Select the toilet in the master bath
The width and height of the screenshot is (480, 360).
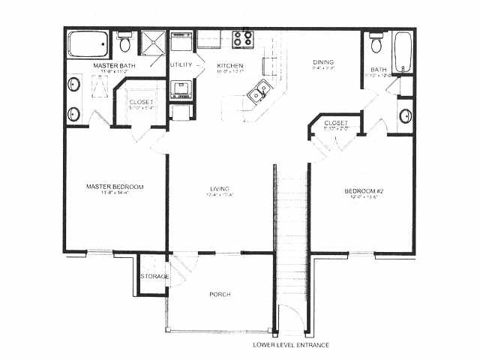(x=126, y=43)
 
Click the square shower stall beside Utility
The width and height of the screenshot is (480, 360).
(x=154, y=43)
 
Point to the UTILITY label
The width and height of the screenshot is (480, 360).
(x=181, y=65)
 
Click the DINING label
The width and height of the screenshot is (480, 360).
(x=323, y=62)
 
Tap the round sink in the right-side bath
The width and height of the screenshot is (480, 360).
(x=405, y=116)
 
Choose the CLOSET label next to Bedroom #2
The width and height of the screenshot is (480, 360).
(x=336, y=123)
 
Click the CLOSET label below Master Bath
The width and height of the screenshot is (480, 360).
(x=142, y=102)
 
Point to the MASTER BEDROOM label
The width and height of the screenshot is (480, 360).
(x=115, y=186)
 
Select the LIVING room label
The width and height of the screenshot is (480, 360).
(x=220, y=188)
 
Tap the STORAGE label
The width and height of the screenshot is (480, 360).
(x=154, y=277)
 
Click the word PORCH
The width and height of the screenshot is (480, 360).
(x=219, y=294)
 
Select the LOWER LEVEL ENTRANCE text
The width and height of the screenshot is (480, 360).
(x=289, y=345)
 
